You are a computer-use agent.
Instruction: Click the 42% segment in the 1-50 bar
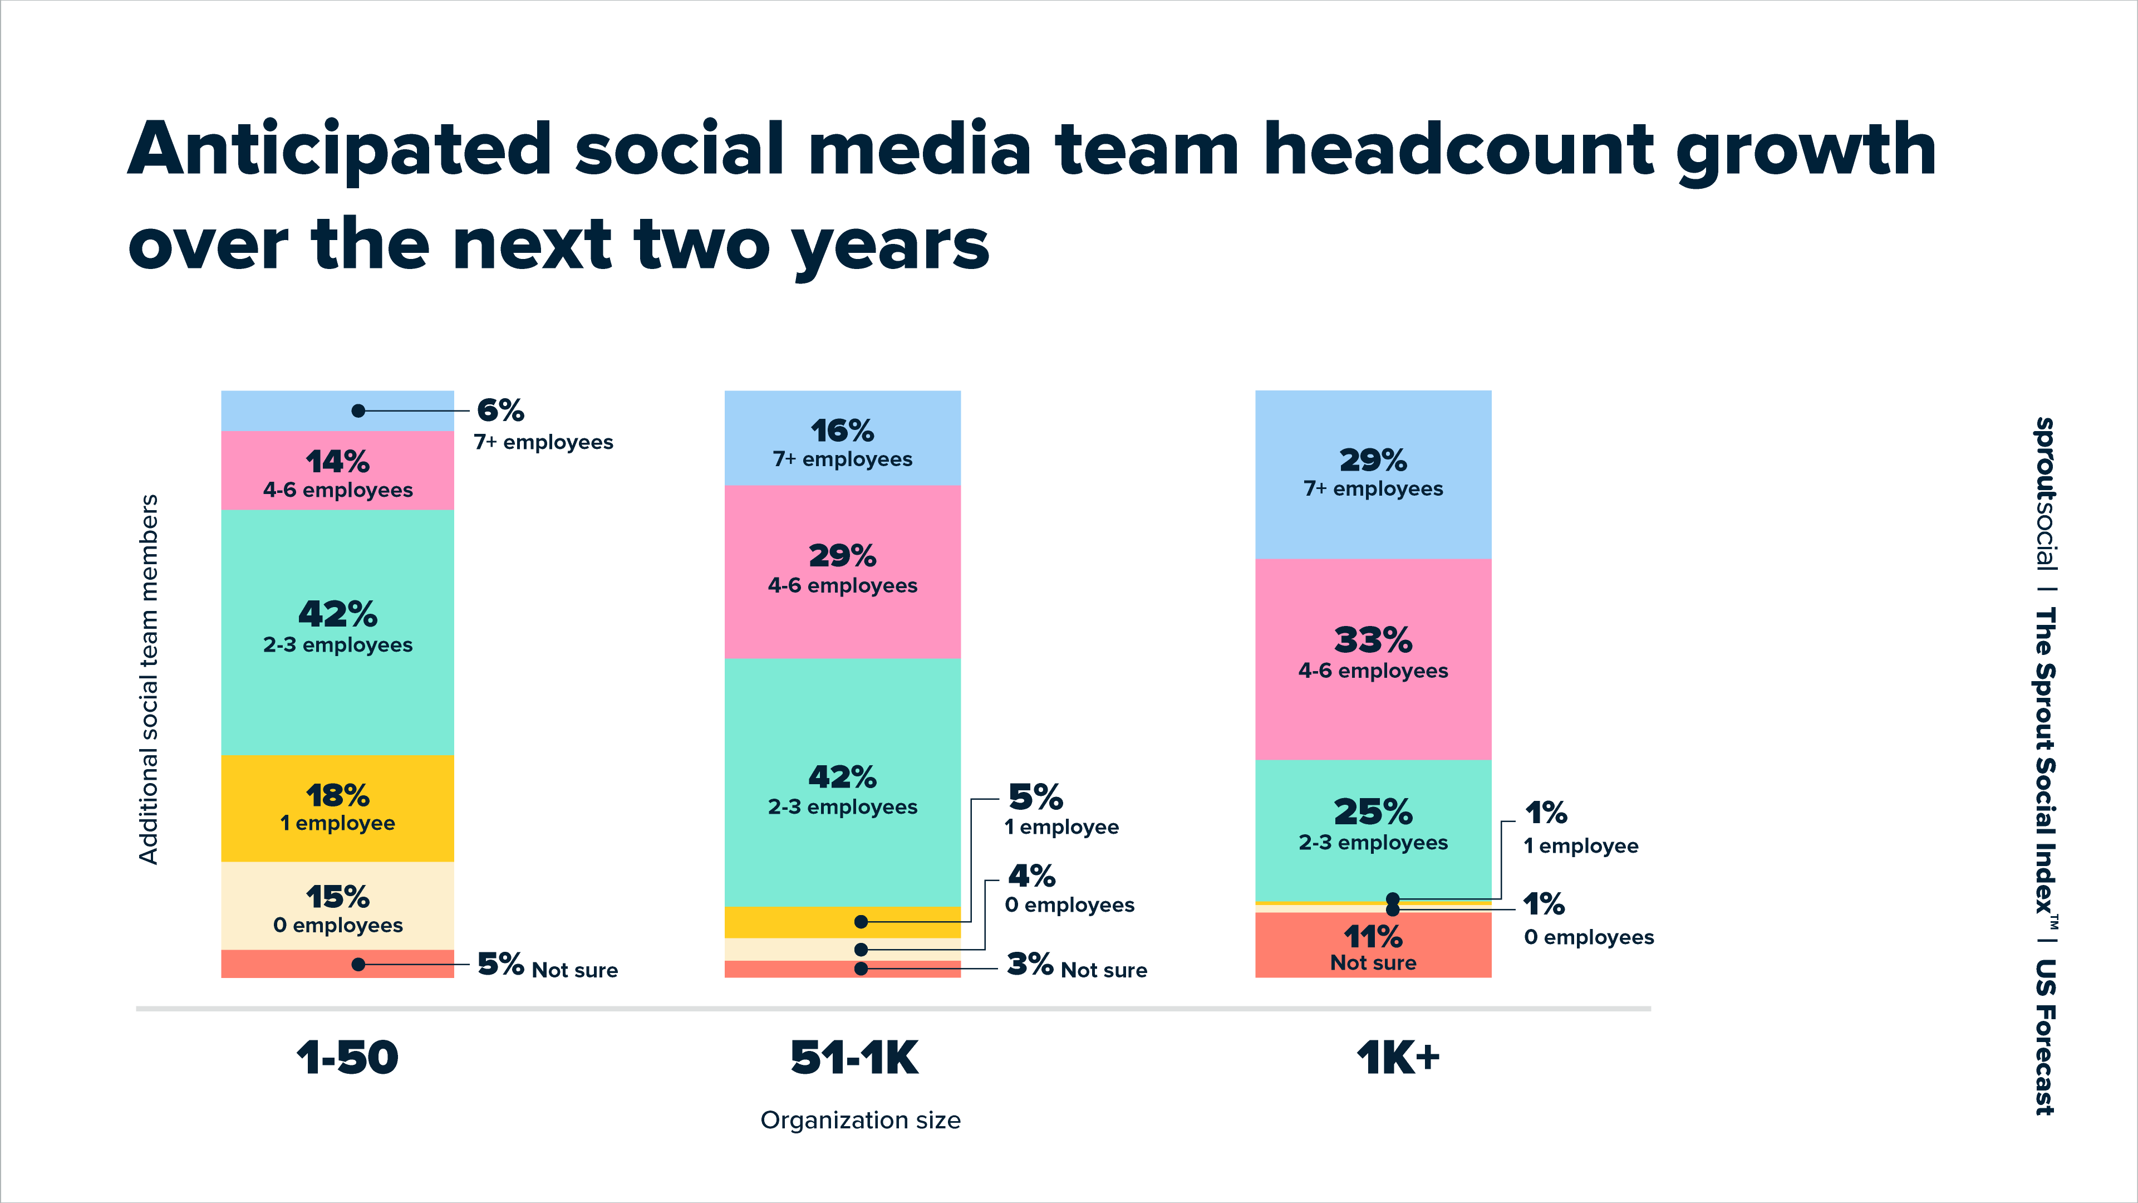337,631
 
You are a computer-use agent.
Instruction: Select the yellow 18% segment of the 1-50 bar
337,808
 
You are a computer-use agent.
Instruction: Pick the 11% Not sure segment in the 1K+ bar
1373,946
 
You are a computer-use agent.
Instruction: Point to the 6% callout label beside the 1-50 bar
500,410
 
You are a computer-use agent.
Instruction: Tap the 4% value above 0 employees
1031,876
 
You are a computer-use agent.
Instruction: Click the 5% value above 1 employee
1035,797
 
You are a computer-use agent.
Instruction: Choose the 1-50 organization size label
348,1058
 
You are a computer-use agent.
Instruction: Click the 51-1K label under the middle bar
854,1058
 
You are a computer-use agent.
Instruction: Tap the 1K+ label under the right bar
1398,1058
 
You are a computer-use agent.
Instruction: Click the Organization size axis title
860,1120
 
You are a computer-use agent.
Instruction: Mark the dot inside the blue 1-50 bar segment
358,411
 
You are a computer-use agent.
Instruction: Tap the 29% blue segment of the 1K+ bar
1373,474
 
